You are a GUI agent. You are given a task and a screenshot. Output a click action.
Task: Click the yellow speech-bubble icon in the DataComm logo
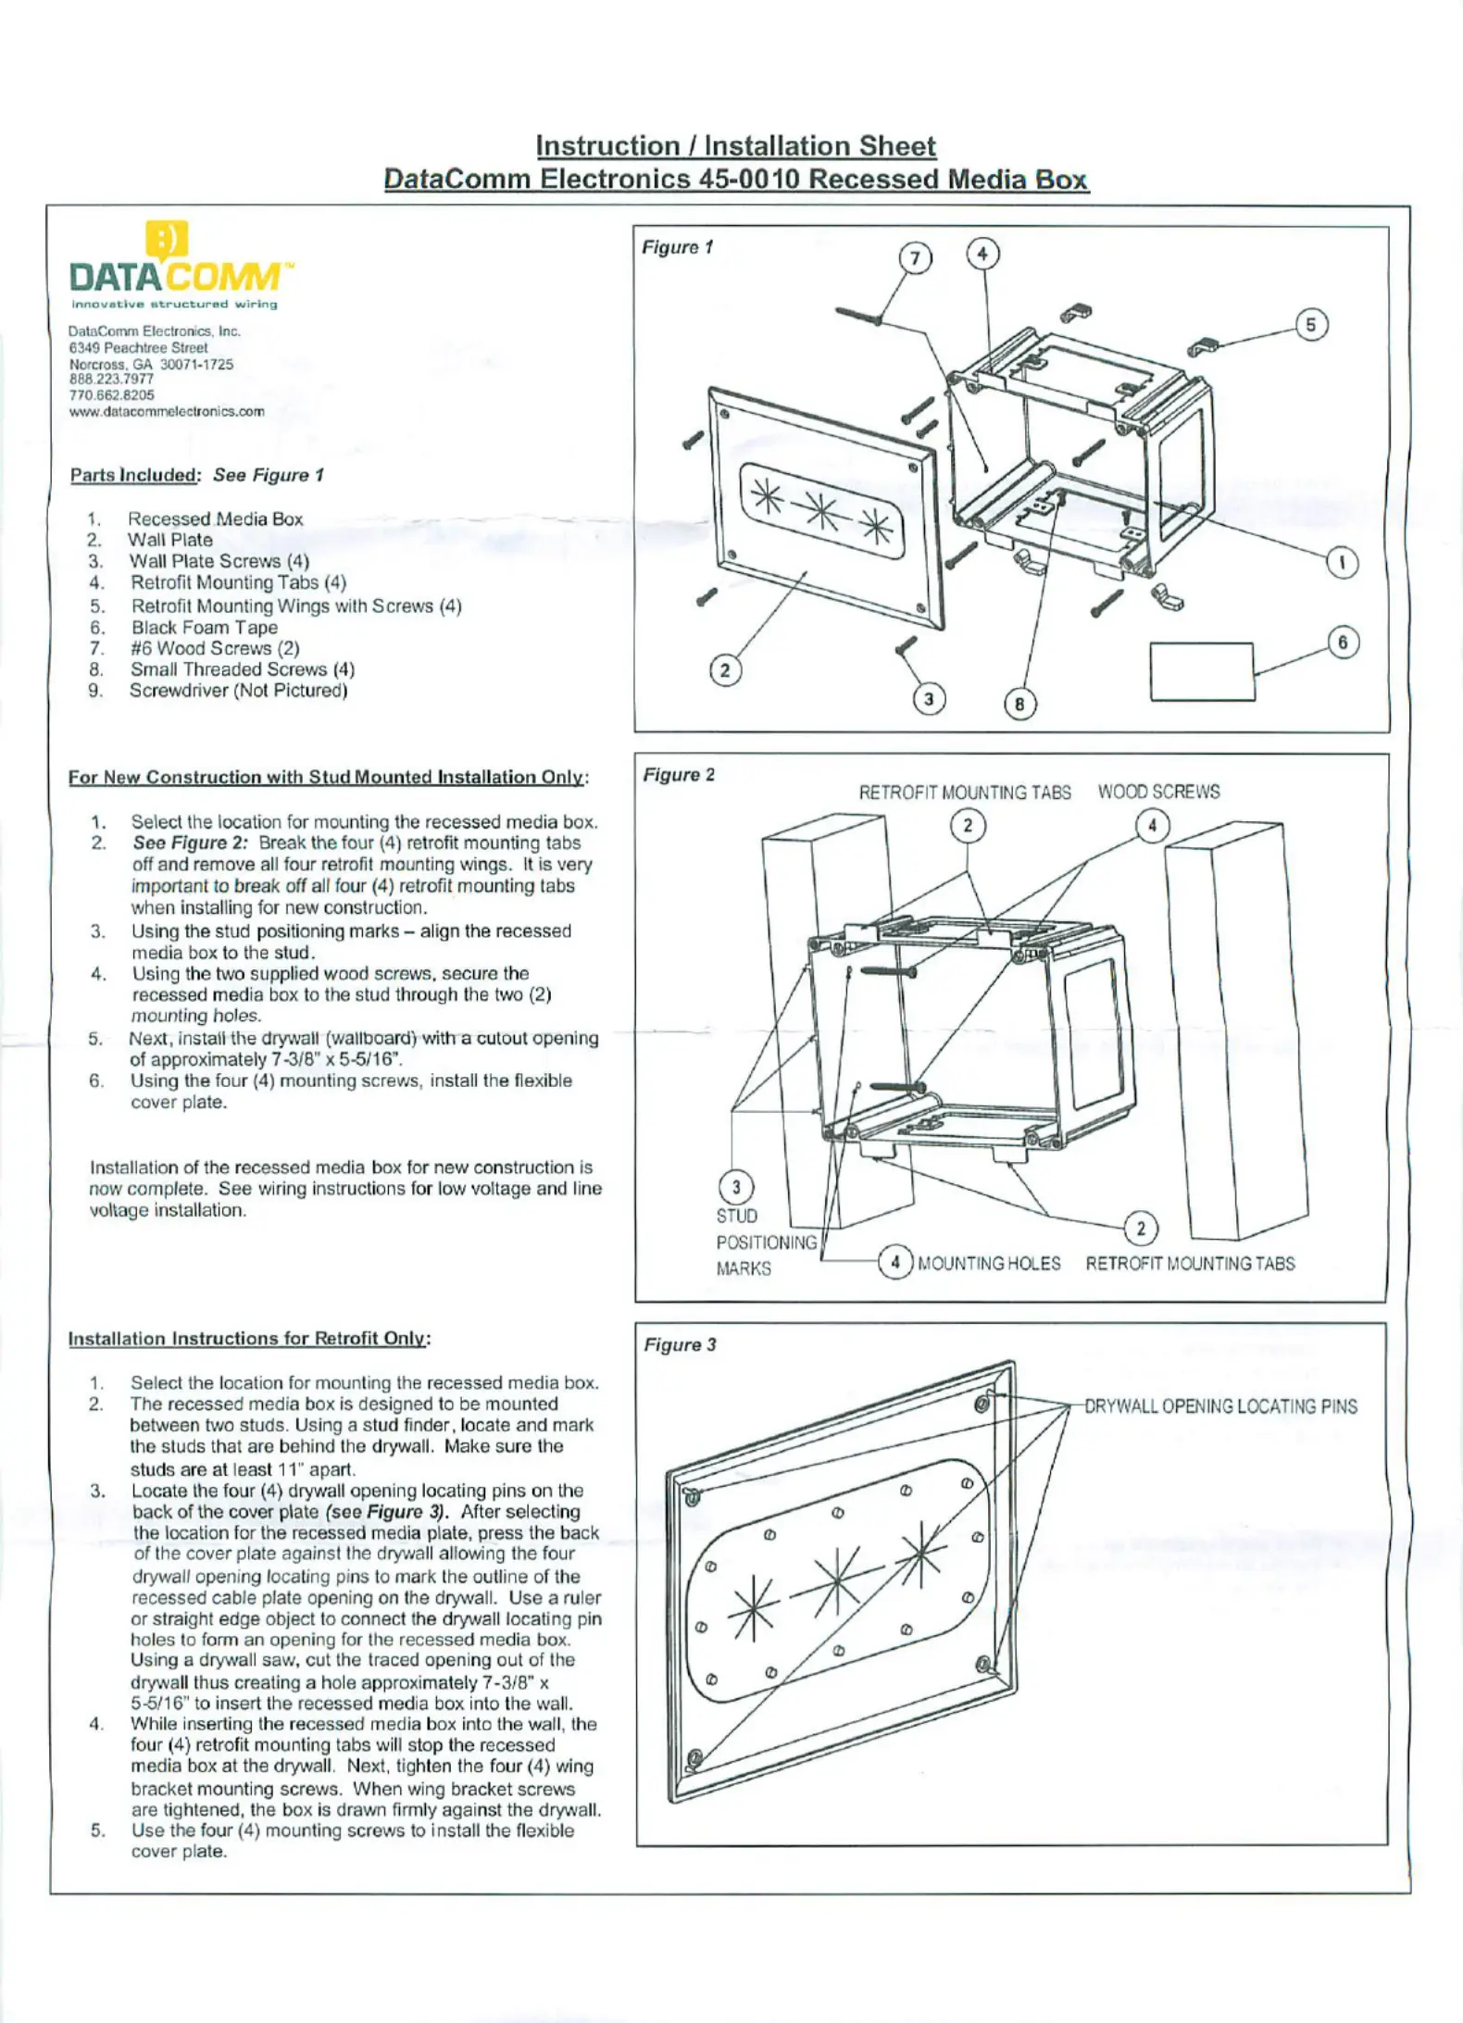pyautogui.click(x=167, y=241)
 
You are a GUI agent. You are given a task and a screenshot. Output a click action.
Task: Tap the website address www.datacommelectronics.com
pyautogui.click(x=167, y=411)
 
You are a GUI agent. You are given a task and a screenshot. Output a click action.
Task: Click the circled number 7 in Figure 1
pyautogui.click(x=915, y=257)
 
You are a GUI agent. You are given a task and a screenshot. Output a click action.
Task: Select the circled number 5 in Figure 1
pyautogui.click(x=1310, y=325)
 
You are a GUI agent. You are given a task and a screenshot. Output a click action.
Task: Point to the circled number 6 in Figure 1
pyautogui.click(x=1343, y=643)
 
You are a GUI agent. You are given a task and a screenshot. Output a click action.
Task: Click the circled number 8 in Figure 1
pyautogui.click(x=1019, y=705)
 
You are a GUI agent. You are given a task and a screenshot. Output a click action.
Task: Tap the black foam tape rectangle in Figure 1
pyautogui.click(x=1202, y=671)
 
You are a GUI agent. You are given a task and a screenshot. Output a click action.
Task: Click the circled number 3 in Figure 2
pyautogui.click(x=736, y=1187)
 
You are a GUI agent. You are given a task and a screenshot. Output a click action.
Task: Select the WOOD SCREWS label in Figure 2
pyautogui.click(x=1158, y=792)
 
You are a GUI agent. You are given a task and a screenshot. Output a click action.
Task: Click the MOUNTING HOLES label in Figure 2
pyautogui.click(x=989, y=1263)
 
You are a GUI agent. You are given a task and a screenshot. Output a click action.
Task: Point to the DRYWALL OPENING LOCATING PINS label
pyautogui.click(x=1220, y=1406)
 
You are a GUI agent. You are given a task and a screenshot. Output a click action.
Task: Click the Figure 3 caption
pyautogui.click(x=680, y=1344)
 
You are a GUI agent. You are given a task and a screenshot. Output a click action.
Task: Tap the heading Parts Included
pyautogui.click(x=134, y=475)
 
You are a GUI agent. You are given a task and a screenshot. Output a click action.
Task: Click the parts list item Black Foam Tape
pyautogui.click(x=204, y=627)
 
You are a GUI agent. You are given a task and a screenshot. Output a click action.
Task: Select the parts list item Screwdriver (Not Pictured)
pyautogui.click(x=238, y=690)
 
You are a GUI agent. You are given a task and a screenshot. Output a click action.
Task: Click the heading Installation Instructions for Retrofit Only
pyautogui.click(x=249, y=1338)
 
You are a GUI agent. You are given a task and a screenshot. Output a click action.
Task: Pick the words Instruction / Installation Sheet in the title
pyautogui.click(x=735, y=146)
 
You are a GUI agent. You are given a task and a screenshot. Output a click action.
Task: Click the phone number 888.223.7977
pyautogui.click(x=111, y=379)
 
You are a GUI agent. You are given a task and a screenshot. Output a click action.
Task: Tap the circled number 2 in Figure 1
pyautogui.click(x=725, y=670)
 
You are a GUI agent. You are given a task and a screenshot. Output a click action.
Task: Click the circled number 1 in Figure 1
pyautogui.click(x=1343, y=562)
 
